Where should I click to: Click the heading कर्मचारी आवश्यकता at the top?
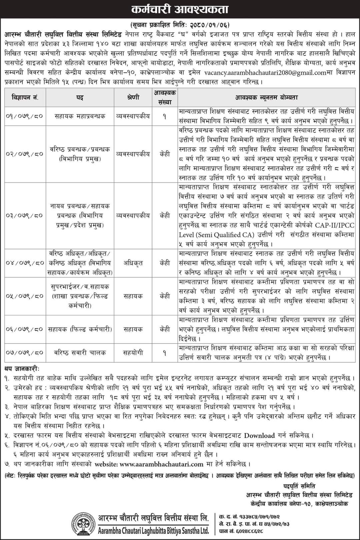180,9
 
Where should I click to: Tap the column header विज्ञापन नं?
25,98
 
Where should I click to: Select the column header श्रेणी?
133,98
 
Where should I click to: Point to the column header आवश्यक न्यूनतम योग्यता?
267,98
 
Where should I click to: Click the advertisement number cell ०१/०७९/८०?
25,116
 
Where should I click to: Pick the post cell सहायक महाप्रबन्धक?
80,116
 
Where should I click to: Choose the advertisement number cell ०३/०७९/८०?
25,216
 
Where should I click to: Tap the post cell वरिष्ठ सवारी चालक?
80,352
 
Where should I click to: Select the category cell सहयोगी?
133,352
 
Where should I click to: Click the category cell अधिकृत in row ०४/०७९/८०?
133,263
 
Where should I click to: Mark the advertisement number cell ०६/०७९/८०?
25,329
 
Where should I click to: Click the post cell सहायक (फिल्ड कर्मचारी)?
80,329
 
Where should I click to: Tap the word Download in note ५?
259,435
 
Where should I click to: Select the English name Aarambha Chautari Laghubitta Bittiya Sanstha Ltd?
154,531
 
